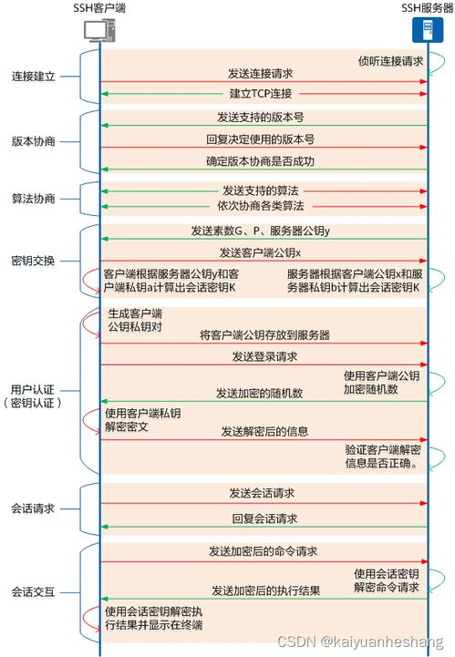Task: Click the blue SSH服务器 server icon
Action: [x=424, y=31]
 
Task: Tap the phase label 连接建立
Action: [x=34, y=77]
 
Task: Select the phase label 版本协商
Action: [x=34, y=141]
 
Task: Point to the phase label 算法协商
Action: [x=34, y=199]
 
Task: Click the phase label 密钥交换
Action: [x=34, y=261]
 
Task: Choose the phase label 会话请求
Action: [x=34, y=508]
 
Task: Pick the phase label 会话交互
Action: [x=34, y=591]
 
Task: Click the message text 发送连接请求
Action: [x=261, y=73]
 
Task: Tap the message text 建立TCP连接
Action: [x=261, y=94]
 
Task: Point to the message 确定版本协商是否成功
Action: [x=261, y=161]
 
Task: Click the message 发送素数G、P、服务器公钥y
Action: [x=261, y=231]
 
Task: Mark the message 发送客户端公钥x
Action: [x=261, y=252]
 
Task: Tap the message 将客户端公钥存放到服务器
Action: [x=264, y=335]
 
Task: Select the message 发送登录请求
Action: [x=264, y=356]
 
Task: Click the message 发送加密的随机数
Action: [x=261, y=393]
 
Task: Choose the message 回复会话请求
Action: [x=264, y=518]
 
